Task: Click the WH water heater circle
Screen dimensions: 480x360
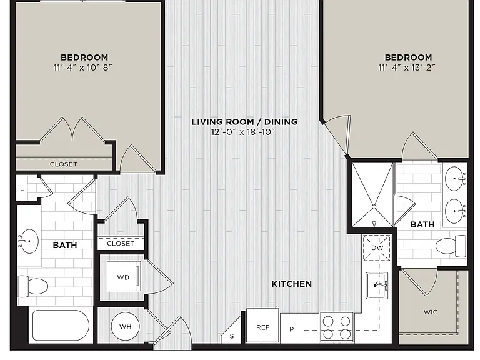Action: (x=125, y=326)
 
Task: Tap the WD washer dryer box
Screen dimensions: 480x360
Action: (x=124, y=277)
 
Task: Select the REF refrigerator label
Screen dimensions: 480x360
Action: (x=262, y=327)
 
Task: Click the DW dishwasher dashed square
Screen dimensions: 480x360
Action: (x=377, y=247)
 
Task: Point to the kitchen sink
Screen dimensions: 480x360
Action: (x=377, y=285)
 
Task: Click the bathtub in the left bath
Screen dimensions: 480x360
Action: (x=61, y=326)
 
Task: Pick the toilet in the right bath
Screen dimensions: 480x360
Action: (x=451, y=246)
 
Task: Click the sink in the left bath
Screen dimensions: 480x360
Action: (x=29, y=241)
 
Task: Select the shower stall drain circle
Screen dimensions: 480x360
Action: (x=374, y=207)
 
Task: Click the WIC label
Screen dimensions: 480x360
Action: (x=431, y=312)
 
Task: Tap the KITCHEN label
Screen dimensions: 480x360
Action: (x=292, y=284)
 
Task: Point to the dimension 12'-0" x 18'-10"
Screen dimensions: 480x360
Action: (x=242, y=132)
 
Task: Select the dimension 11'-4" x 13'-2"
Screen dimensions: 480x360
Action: (x=407, y=67)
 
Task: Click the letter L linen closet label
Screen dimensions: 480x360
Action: (x=22, y=189)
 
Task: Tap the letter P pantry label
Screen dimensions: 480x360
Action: (x=291, y=329)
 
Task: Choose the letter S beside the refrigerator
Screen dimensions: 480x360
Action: (x=232, y=336)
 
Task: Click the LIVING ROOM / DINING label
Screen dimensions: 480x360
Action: (x=244, y=121)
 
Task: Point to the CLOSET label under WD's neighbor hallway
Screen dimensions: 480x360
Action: (x=121, y=244)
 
